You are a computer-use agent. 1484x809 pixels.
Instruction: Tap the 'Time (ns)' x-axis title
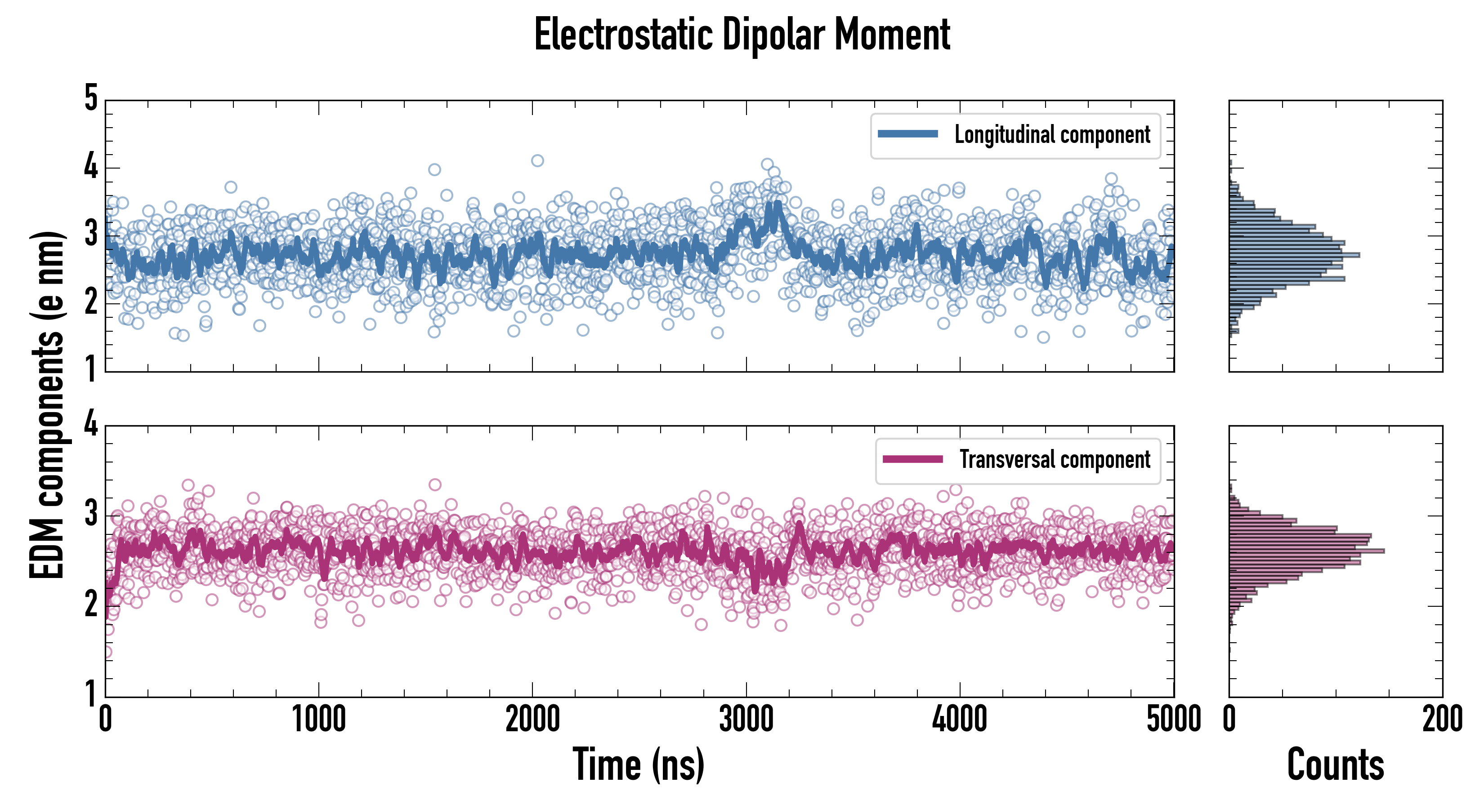(638, 765)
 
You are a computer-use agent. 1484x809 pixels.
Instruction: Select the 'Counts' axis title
(1335, 765)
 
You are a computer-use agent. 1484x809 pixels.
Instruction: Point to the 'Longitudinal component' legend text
(1052, 135)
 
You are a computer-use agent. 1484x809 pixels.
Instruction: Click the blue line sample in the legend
(908, 134)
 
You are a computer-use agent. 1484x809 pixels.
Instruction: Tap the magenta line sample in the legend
(912, 459)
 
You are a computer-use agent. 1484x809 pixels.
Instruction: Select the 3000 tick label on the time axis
(746, 720)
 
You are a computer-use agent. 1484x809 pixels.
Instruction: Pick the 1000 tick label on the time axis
(318, 720)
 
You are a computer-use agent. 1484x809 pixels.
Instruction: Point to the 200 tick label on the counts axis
(1442, 720)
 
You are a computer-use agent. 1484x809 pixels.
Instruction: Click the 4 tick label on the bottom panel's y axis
(91, 424)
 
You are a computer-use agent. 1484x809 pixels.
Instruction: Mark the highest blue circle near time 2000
(537, 160)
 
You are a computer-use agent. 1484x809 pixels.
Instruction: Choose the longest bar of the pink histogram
(1306, 551)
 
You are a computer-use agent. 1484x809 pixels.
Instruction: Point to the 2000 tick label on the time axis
(532, 720)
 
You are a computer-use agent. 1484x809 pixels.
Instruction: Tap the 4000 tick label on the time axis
(960, 720)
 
